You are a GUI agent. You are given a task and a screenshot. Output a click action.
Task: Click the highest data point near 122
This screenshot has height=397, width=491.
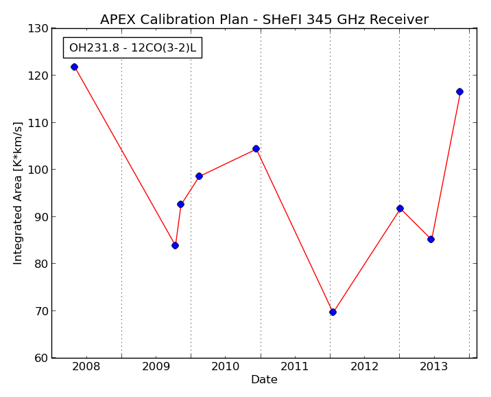(x=74, y=67)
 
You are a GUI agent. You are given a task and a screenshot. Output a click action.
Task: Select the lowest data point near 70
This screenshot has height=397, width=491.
(x=333, y=312)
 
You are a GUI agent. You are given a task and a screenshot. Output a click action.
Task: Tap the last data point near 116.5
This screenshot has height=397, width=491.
(x=459, y=91)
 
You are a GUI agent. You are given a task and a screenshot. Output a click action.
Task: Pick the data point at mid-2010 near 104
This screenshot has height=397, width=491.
(x=256, y=148)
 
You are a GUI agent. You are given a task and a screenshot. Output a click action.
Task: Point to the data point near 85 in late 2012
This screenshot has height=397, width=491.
(x=431, y=239)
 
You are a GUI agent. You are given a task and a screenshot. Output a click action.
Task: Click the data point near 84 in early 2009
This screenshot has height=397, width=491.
(x=175, y=245)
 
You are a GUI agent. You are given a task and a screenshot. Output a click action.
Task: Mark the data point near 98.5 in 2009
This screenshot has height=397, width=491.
(x=199, y=177)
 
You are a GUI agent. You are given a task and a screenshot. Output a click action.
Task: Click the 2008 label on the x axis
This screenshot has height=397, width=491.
(x=86, y=366)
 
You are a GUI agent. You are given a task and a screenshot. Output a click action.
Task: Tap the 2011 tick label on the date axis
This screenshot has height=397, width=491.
(x=294, y=366)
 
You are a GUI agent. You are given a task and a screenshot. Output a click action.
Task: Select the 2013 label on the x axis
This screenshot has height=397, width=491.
(x=433, y=366)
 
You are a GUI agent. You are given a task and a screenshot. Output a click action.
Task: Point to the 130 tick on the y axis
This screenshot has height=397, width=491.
(x=38, y=29)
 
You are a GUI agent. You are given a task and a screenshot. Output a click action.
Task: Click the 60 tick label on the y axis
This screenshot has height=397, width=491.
(x=41, y=358)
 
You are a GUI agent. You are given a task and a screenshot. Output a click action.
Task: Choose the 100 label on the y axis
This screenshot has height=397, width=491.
(x=38, y=170)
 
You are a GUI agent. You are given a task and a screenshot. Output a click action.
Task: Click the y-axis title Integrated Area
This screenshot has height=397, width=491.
(x=18, y=193)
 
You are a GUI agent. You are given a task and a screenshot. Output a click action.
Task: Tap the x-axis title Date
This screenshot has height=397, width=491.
(x=264, y=379)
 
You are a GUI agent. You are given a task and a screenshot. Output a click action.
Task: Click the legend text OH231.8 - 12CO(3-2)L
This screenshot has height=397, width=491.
(x=132, y=47)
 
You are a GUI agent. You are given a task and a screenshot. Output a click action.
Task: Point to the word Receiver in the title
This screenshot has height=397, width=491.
(x=399, y=19)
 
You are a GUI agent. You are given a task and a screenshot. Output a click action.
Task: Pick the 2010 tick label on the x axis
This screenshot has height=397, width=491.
(x=225, y=366)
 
